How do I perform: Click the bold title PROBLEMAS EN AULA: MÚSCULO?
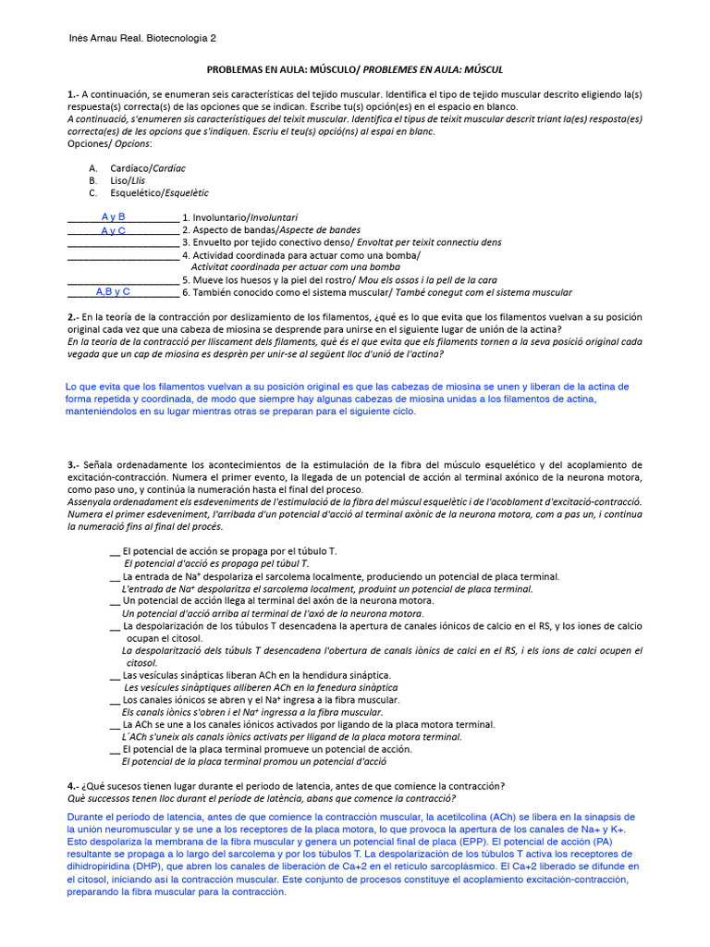pos(280,69)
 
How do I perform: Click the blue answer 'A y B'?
pos(113,216)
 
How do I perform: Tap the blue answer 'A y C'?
pos(113,230)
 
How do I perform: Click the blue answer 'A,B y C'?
pos(113,291)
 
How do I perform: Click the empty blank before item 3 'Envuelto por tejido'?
pos(123,242)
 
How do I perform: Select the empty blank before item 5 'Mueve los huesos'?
pos(123,279)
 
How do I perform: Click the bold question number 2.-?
pos(74,317)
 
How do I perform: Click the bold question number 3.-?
pos(74,464)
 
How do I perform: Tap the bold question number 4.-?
pos(74,786)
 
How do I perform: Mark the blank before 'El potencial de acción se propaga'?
pos(115,551)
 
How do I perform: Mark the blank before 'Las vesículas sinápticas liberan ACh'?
pos(115,676)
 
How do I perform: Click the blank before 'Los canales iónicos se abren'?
pos(115,701)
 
